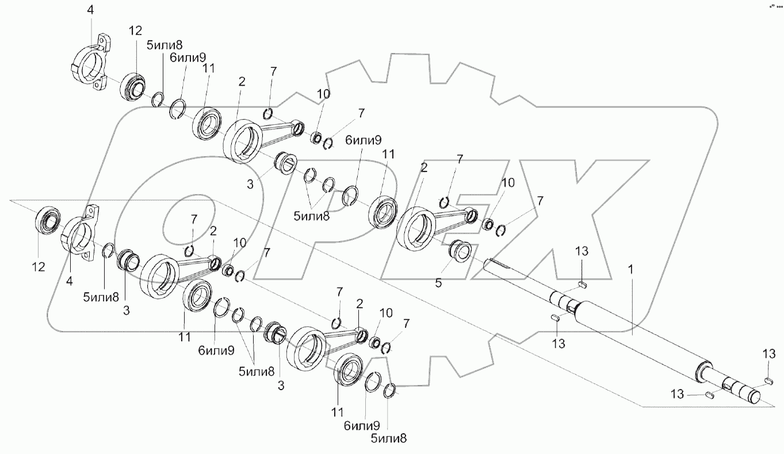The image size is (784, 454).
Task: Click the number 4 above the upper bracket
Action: coord(90,10)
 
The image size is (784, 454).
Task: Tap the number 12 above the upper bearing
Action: coord(135,31)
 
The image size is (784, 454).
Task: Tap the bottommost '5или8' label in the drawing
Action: coord(389,438)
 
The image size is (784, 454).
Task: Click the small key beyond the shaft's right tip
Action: coord(768,380)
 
